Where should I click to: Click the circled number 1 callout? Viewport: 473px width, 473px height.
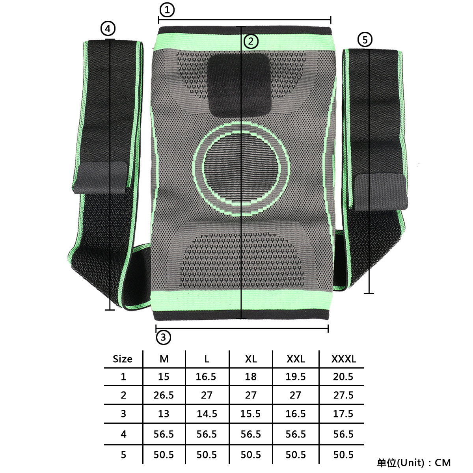[x=167, y=9]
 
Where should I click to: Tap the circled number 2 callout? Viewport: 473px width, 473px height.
[x=251, y=41]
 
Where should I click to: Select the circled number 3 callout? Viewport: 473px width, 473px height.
[x=164, y=337]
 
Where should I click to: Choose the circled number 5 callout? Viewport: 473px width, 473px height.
[x=365, y=39]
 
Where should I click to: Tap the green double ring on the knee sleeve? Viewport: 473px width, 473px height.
[x=242, y=168]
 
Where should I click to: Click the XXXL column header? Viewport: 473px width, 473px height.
[x=343, y=359]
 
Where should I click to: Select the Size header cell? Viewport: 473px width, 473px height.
[x=123, y=359]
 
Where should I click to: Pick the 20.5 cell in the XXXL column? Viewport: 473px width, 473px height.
[x=343, y=377]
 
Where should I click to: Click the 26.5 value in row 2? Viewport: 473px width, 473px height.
[x=164, y=395]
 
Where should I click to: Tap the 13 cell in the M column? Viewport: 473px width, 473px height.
[x=164, y=414]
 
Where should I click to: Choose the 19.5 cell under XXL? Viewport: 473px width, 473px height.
[x=296, y=377]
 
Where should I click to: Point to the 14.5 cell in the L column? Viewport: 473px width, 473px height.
[x=207, y=414]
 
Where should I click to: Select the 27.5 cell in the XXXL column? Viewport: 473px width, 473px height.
[x=343, y=395]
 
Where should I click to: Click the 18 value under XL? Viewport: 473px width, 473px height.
[x=251, y=377]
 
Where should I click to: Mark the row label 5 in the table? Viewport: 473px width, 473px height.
[x=123, y=455]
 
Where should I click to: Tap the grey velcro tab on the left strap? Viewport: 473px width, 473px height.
[x=101, y=177]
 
